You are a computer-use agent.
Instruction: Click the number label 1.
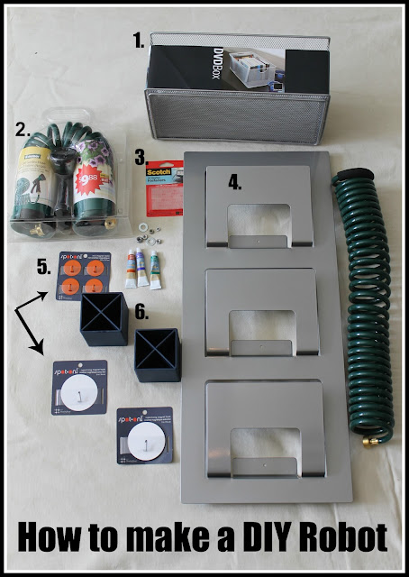[x=138, y=41]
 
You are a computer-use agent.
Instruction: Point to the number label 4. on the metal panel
[x=235, y=182]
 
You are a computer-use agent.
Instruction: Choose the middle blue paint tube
[x=141, y=268]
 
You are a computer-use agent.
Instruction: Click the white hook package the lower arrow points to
[x=78, y=387]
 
